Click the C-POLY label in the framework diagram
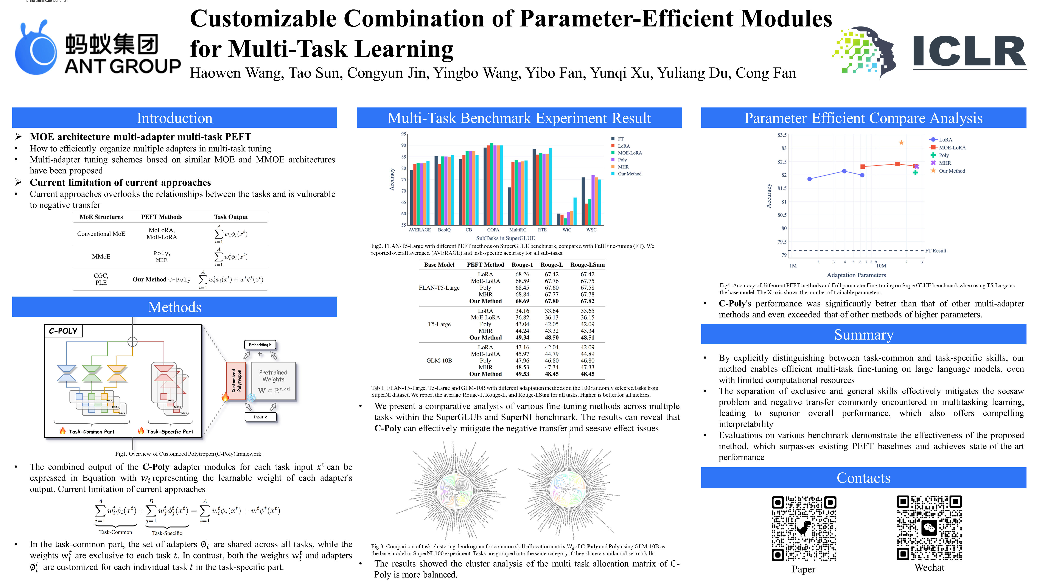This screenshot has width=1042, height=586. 63,331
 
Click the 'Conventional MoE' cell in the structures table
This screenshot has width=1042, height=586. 101,234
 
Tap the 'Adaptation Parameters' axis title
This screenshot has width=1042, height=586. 856,275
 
